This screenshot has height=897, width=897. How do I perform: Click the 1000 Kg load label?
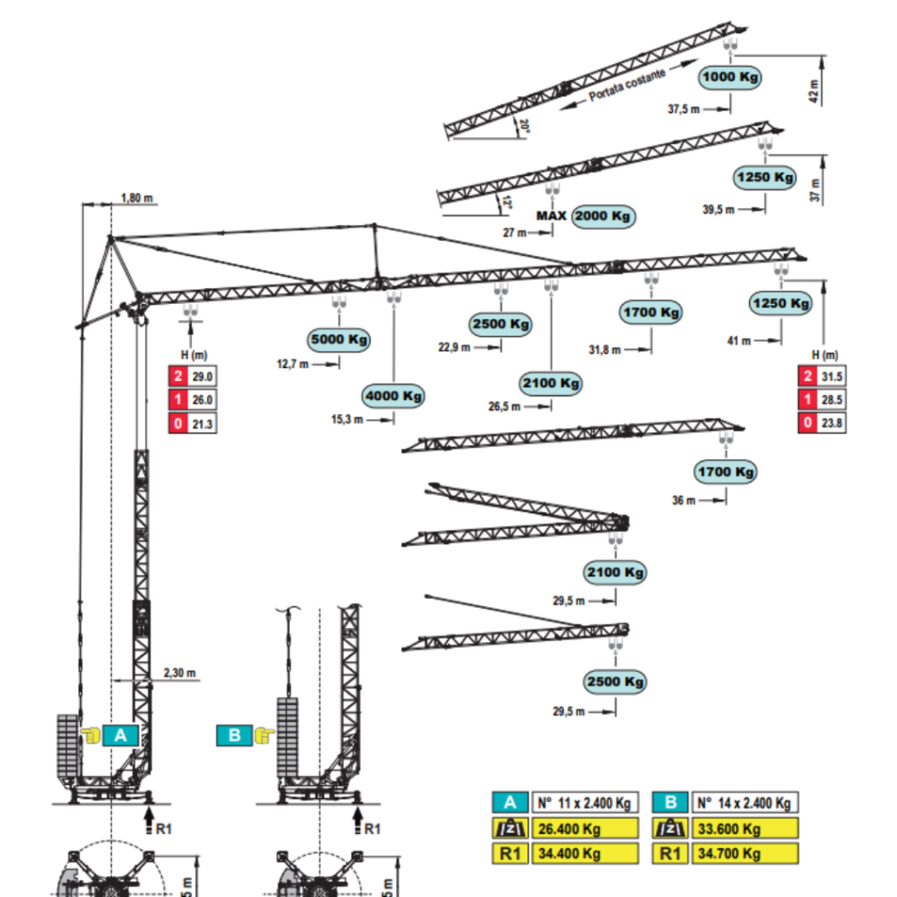click(730, 77)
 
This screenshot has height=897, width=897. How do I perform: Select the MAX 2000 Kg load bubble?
click(604, 216)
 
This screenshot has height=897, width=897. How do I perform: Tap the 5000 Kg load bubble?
click(339, 339)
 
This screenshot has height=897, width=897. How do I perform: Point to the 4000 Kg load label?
click(394, 396)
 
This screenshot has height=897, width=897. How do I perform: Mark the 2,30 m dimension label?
click(179, 674)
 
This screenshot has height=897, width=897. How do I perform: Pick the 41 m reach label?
click(738, 341)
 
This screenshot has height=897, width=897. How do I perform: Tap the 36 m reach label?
click(684, 500)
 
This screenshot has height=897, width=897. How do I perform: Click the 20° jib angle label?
click(524, 125)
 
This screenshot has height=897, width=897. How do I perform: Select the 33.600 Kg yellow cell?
click(745, 829)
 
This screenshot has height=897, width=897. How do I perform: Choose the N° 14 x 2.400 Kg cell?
click(745, 802)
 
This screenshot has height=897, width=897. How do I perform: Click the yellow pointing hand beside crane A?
click(90, 735)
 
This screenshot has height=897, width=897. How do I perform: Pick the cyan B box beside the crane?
click(234, 735)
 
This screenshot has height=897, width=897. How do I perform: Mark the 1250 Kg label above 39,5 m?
click(765, 178)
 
